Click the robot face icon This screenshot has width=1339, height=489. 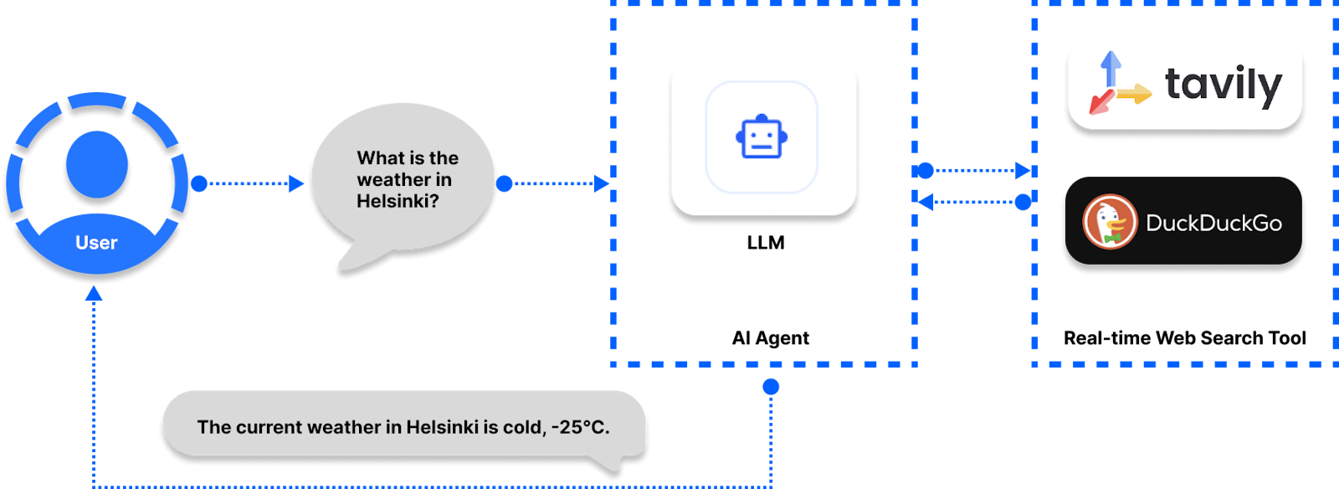tap(762, 138)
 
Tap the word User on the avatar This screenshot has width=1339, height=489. tap(96, 243)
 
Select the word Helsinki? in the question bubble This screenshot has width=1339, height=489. tap(398, 201)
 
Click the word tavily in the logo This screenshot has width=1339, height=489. tap(1223, 85)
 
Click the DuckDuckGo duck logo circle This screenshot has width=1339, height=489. tap(1110, 222)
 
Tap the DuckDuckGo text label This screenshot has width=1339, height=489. tap(1213, 223)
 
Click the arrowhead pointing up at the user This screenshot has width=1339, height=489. tap(94, 293)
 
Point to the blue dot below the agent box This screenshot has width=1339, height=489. tap(771, 386)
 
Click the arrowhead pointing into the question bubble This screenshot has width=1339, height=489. tap(296, 183)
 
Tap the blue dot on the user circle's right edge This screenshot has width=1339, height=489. tap(199, 183)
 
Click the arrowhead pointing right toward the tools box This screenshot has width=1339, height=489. tap(1023, 171)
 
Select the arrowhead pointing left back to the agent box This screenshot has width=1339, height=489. tap(926, 202)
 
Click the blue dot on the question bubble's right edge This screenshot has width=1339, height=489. tap(504, 183)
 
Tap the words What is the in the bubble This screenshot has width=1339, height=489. tap(408, 157)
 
